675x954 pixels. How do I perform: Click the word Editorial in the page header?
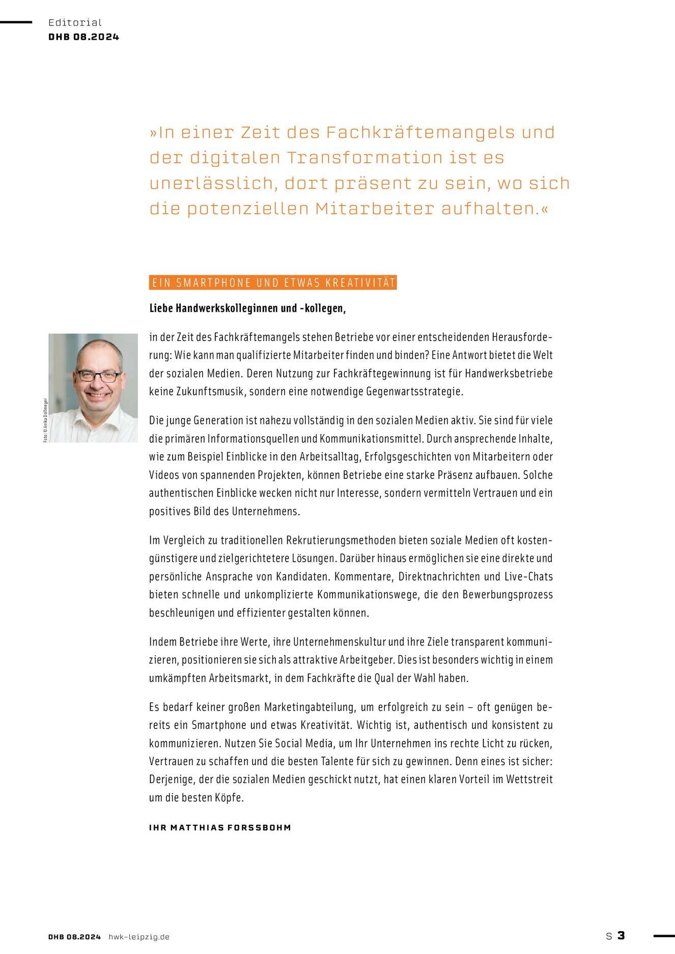click(75, 22)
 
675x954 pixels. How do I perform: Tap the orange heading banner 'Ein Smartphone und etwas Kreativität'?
click(273, 283)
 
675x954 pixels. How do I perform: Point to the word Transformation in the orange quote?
click(364, 158)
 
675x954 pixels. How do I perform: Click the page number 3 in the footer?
click(621, 935)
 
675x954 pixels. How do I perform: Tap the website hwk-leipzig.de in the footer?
click(139, 937)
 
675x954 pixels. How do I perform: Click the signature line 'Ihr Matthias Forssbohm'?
click(220, 827)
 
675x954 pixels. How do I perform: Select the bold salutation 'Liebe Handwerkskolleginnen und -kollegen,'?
click(247, 308)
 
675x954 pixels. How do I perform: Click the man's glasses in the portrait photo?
click(99, 377)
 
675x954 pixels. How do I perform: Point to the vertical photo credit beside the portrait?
click(45, 420)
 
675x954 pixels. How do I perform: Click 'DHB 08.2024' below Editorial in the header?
click(83, 37)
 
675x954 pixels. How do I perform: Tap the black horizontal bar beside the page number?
click(664, 935)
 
